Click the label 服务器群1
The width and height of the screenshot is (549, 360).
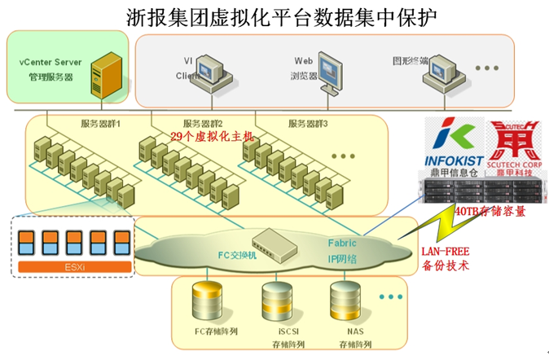(100, 124)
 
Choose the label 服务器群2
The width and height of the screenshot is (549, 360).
(204, 124)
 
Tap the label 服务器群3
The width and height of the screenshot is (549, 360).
(308, 124)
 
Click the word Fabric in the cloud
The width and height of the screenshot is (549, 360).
(342, 243)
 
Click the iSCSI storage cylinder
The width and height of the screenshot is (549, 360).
(274, 305)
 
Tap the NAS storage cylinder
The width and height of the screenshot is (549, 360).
(342, 304)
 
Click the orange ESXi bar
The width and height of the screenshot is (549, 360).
(74, 266)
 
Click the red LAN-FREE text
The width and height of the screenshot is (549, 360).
(444, 252)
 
